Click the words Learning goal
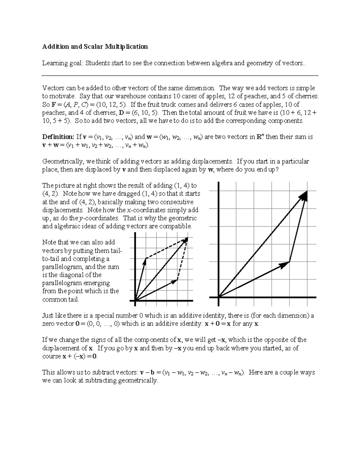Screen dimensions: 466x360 (x=62, y=63)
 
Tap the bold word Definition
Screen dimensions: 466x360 (x=58, y=137)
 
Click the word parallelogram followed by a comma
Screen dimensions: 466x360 (x=63, y=267)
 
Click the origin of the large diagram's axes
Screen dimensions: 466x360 (x=219, y=297)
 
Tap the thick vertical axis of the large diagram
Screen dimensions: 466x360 (x=219, y=240)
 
